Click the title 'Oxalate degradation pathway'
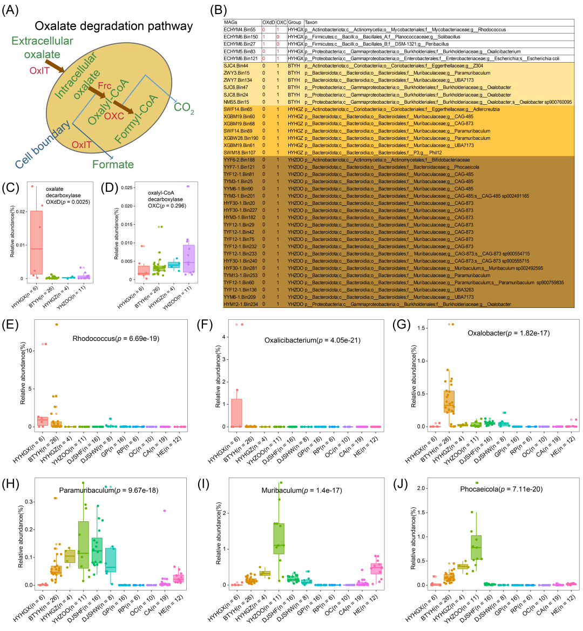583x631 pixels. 113,26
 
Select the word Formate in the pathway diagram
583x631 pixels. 113,164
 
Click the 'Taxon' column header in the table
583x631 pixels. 311,22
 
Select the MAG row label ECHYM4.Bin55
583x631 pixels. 240,30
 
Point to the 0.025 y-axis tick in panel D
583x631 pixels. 126,187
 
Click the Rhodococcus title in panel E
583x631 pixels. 116,339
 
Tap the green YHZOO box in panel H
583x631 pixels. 83,545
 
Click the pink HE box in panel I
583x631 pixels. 376,568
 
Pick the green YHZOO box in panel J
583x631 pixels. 476,547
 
